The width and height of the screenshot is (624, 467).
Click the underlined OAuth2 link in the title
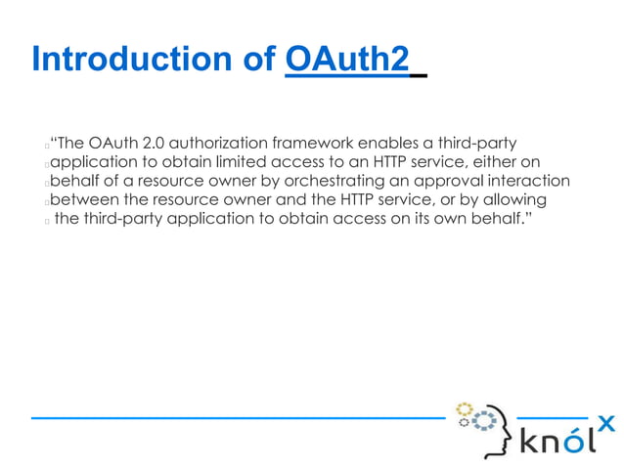pyautogui.click(x=346, y=61)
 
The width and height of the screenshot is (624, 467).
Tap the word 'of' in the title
pyautogui.click(x=257, y=61)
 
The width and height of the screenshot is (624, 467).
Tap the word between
pyautogui.click(x=83, y=199)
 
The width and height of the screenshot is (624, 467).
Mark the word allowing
pyautogui.click(x=515, y=199)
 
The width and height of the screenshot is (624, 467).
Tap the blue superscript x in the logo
pyautogui.click(x=606, y=423)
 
